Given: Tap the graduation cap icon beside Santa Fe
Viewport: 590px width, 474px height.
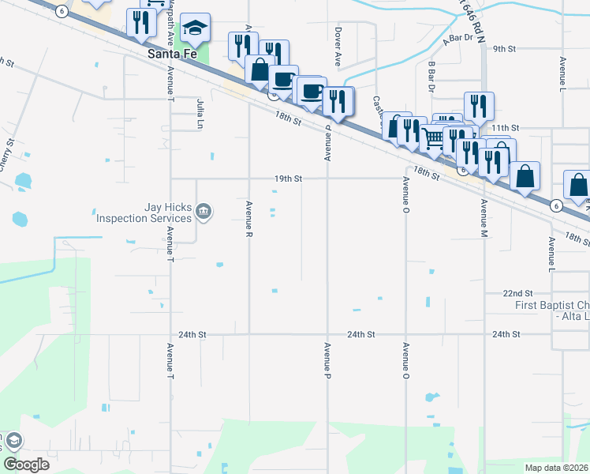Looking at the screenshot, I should pyautogui.click(x=195, y=29).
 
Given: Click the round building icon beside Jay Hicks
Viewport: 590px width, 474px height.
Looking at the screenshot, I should pyautogui.click(x=204, y=210).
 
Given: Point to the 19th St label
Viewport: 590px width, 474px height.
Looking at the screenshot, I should pyautogui.click(x=289, y=179).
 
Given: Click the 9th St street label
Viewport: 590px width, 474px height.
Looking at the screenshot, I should pyautogui.click(x=504, y=48).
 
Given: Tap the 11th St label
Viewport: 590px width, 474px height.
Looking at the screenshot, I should pyautogui.click(x=505, y=126).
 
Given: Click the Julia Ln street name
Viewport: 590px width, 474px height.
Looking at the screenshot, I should pyautogui.click(x=200, y=113).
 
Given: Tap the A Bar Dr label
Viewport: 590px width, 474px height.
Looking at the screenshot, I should pyautogui.click(x=457, y=37).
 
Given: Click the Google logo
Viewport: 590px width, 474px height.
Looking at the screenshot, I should pyautogui.click(x=26, y=464).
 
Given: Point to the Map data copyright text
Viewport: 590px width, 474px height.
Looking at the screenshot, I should pyautogui.click(x=557, y=467).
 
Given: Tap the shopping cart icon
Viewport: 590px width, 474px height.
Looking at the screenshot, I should pyautogui.click(x=433, y=138).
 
